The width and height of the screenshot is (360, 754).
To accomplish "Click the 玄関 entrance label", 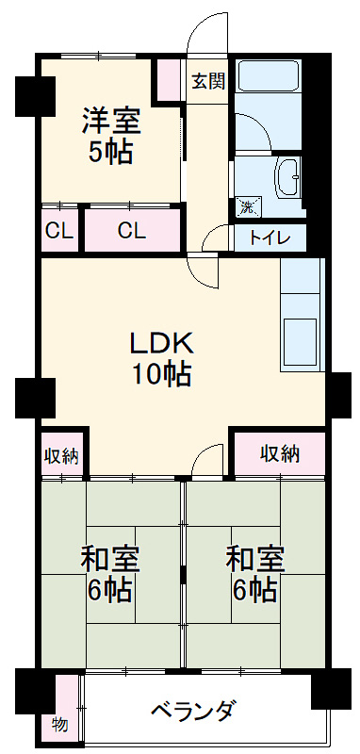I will pyautogui.click(x=208, y=81).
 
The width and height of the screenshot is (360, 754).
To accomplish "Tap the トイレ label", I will pyautogui.click(x=270, y=238).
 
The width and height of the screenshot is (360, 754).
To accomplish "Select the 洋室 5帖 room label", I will pyautogui.click(x=110, y=136).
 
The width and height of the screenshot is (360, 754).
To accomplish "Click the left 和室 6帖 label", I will pyautogui.click(x=110, y=575).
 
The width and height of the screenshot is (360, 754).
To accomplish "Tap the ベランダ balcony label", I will pyautogui.click(x=192, y=711).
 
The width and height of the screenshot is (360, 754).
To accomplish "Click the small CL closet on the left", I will pyautogui.click(x=58, y=230).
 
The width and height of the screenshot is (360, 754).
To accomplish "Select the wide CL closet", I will pyautogui.click(x=132, y=230).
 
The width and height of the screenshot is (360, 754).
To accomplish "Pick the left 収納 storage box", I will pyautogui.click(x=61, y=456).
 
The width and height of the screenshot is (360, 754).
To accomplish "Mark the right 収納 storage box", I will pyautogui.click(x=280, y=453).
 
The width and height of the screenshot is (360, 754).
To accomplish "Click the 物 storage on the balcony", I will pyautogui.click(x=59, y=725).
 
